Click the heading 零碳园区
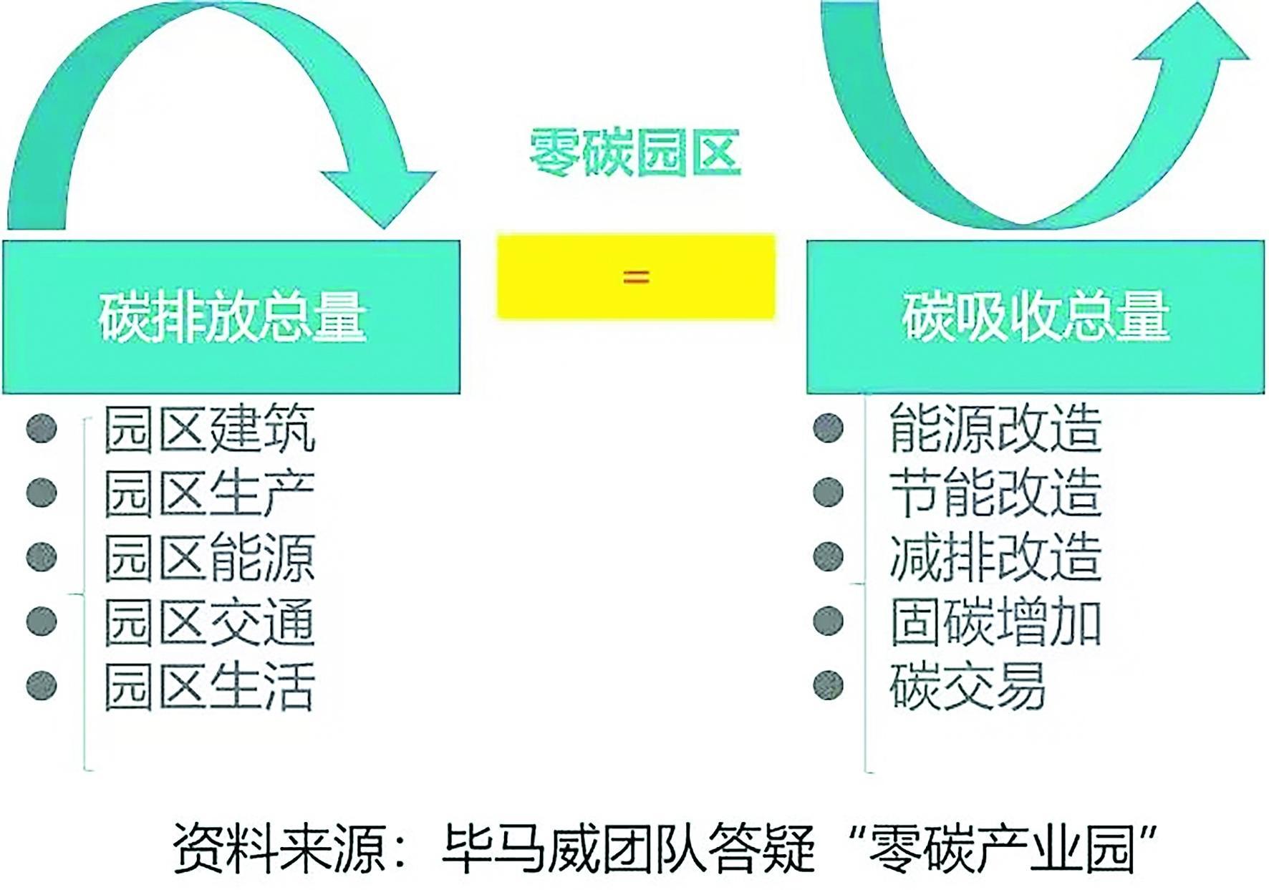click(x=634, y=153)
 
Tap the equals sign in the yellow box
click(x=636, y=276)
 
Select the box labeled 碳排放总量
click(x=231, y=317)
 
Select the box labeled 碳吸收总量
click(x=1036, y=317)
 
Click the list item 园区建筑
click(x=210, y=429)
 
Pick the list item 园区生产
click(x=210, y=493)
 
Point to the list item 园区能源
click(x=210, y=558)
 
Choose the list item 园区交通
click(x=210, y=621)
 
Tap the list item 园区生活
click(x=210, y=686)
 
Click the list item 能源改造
click(x=995, y=428)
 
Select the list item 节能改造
click(x=995, y=493)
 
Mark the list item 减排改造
click(x=995, y=557)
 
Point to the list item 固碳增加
click(x=995, y=621)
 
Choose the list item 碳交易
click(x=968, y=686)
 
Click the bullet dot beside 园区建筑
click(x=42, y=428)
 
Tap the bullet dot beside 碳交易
click(x=829, y=685)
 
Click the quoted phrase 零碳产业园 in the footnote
click(x=999, y=848)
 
